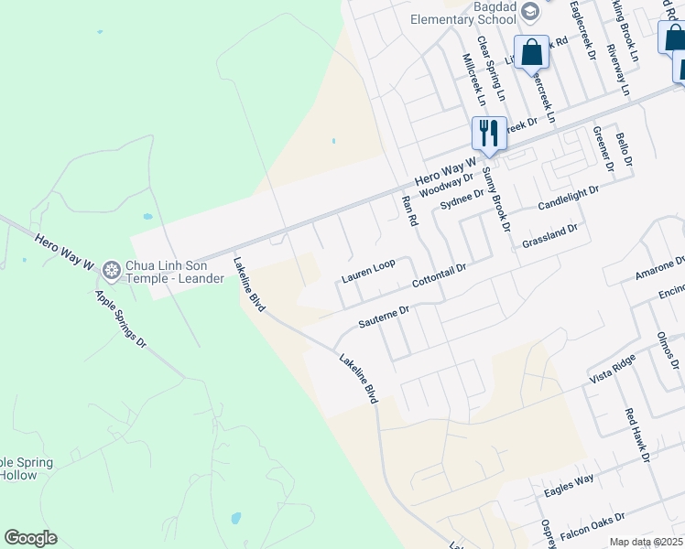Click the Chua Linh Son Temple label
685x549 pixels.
click(x=174, y=272)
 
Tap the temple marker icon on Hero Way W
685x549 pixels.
click(x=112, y=271)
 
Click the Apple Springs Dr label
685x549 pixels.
click(x=122, y=318)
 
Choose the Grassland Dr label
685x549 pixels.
click(x=549, y=236)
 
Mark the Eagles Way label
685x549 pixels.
click(x=569, y=485)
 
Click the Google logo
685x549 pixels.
click(x=30, y=538)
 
